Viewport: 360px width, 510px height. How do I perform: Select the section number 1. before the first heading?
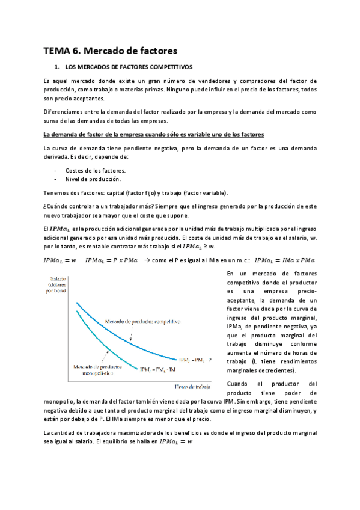tap(57, 67)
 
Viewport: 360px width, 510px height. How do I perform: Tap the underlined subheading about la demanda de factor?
tap(154, 133)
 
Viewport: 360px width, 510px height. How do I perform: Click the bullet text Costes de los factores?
tap(91, 170)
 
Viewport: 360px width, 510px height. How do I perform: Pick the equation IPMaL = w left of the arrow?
tap(59, 260)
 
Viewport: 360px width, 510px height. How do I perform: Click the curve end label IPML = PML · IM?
tap(157, 369)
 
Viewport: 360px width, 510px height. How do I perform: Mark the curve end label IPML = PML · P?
tap(192, 360)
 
